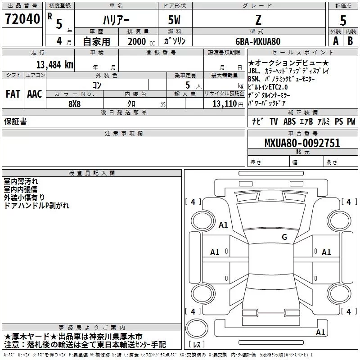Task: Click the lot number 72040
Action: click(x=22, y=19)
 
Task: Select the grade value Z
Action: click(x=258, y=21)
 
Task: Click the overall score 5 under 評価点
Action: click(x=343, y=21)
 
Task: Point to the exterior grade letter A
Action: click(x=335, y=40)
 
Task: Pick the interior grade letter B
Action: click(x=350, y=40)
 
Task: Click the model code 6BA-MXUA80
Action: click(x=258, y=41)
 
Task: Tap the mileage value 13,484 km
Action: click(x=54, y=64)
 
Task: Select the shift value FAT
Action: click(x=13, y=94)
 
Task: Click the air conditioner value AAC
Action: click(x=35, y=94)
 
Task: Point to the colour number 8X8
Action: click(x=75, y=103)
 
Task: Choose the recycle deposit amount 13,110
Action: click(x=225, y=104)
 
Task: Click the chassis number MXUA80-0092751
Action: click(x=302, y=144)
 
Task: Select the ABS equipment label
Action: click(x=290, y=121)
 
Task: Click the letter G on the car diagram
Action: click(x=284, y=237)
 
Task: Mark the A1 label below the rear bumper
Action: click(x=320, y=333)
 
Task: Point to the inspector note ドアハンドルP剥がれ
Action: click(x=36, y=205)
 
